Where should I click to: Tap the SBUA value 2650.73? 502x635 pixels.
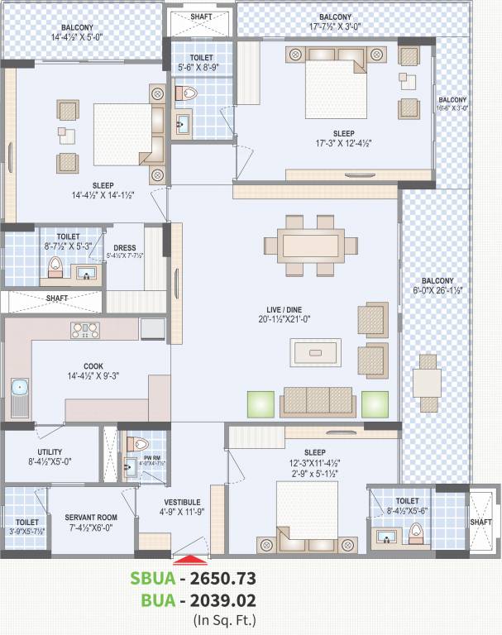(x=217, y=578)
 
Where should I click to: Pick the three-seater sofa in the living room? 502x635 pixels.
(x=318, y=401)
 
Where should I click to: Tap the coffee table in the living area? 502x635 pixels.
(x=315, y=352)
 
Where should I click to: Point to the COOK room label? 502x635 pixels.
(x=93, y=366)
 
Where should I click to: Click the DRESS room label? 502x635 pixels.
(x=125, y=246)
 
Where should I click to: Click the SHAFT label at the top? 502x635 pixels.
(x=201, y=17)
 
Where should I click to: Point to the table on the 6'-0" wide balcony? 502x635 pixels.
(x=428, y=384)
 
